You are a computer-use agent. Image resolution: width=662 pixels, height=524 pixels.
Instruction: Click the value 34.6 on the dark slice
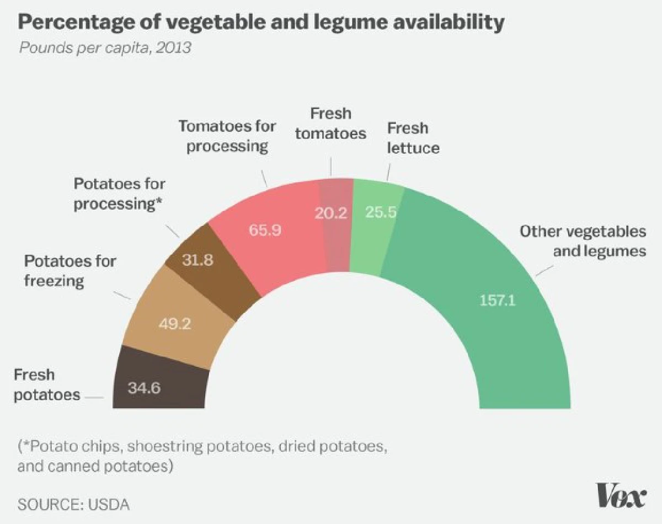pos(145,388)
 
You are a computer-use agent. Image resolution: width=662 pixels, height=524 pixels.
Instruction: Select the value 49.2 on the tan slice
pos(175,324)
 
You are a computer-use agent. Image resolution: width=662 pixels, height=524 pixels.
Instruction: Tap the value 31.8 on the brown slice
pos(197,260)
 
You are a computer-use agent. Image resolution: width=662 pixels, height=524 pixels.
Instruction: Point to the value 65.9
pos(265,230)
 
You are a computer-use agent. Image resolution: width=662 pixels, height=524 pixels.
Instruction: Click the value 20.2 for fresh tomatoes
pos(331,213)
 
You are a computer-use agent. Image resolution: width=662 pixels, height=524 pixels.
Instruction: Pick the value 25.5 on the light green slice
pos(381,212)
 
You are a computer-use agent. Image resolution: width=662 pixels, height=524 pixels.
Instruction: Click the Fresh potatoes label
pos(47,385)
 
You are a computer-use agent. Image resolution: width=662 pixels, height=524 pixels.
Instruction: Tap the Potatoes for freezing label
pos(70,270)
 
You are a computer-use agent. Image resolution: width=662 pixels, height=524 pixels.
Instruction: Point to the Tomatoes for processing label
pos(227,136)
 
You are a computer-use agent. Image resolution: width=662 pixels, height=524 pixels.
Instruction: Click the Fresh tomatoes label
pos(331,123)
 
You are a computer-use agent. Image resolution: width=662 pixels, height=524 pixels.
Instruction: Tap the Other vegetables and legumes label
pos(583,241)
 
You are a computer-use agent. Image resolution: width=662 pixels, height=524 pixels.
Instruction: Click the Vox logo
pos(621,496)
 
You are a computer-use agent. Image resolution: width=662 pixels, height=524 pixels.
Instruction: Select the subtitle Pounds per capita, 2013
pos(105,47)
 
